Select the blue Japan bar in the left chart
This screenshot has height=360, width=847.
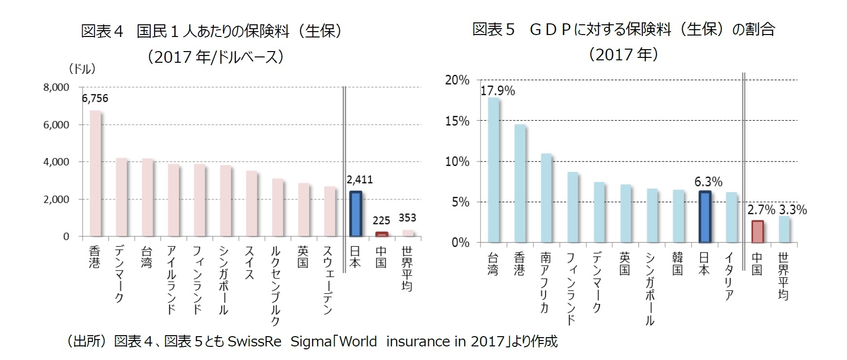[355, 214]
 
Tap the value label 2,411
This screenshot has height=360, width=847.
[360, 180]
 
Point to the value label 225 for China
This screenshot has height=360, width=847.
[381, 221]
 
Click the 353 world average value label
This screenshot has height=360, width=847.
[407, 218]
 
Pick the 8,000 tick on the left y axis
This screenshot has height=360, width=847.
[56, 88]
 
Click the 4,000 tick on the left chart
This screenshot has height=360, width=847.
[56, 162]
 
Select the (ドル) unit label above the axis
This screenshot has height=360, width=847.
[82, 69]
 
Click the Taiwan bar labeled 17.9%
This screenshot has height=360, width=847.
[494, 170]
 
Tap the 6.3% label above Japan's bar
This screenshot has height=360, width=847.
[708, 182]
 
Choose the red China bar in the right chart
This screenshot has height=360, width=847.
[758, 232]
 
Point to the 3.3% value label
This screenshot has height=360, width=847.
[793, 210]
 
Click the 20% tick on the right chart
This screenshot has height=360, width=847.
[457, 80]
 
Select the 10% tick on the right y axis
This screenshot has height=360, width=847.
[457, 162]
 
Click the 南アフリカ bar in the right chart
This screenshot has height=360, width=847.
[546, 198]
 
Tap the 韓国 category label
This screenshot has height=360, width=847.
[677, 264]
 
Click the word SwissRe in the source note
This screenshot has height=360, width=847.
[254, 342]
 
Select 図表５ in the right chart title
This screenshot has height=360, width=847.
[494, 30]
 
